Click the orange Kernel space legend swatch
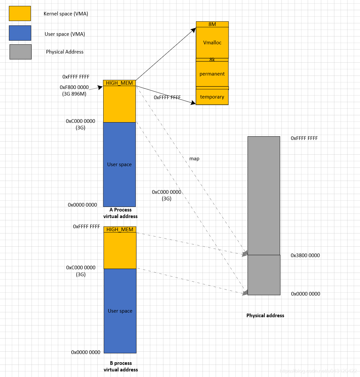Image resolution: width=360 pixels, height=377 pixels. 20,13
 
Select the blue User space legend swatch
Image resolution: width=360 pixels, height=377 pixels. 20,33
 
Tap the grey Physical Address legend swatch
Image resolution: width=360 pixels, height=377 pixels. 20,52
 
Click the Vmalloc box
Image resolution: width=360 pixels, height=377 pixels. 212,43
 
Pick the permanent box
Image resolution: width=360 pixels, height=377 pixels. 212,74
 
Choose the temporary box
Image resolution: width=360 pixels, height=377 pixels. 212,97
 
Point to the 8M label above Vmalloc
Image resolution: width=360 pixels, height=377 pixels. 212,24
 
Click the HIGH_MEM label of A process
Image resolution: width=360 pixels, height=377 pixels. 119,83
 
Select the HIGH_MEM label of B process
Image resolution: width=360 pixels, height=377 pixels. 120,230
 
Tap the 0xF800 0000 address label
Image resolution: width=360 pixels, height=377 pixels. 74,87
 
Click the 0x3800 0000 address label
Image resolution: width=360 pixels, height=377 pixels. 305,255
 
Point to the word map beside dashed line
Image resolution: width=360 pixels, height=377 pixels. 194,159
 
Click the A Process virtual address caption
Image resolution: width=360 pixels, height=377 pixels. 120,213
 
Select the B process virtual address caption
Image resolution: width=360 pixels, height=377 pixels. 121,366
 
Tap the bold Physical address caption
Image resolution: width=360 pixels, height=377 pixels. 265,316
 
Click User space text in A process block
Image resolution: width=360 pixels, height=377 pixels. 119,165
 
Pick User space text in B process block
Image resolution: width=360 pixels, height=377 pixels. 120,311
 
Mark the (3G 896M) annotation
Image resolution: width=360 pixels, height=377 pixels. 74,94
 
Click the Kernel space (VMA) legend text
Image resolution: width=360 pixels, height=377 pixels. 66,14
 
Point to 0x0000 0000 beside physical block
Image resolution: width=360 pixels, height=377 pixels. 305,294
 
